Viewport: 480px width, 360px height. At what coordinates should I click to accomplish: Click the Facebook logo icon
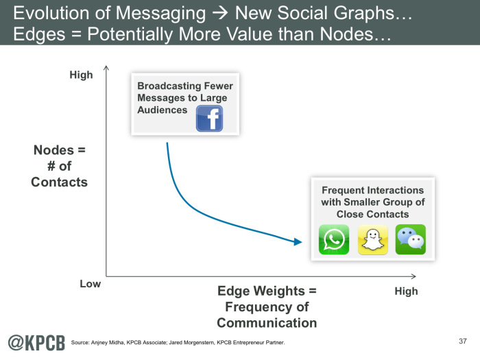(209, 119)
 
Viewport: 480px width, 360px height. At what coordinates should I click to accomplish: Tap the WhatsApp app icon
(334, 239)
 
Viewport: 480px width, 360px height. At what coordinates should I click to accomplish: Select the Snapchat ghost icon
(373, 240)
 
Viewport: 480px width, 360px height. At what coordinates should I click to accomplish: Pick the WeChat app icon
(411, 239)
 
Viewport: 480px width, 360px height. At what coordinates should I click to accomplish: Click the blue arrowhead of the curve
(298, 242)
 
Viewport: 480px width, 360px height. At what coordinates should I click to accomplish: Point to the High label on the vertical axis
(81, 75)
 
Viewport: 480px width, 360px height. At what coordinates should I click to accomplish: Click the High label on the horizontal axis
(406, 291)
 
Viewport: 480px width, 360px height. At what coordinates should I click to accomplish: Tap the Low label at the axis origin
(91, 284)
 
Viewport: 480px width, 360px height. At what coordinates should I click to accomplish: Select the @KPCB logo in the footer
(36, 343)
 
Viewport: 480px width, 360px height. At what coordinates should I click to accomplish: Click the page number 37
(463, 341)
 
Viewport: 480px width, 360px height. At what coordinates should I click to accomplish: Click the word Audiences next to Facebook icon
(163, 110)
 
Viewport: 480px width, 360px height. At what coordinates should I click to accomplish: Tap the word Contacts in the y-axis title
(60, 182)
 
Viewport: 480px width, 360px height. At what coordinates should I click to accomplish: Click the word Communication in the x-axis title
(267, 323)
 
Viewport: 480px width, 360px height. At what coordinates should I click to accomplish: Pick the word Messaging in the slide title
(160, 14)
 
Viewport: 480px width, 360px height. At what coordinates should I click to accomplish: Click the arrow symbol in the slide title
(220, 13)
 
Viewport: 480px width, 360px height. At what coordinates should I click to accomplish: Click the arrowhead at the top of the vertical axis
(106, 68)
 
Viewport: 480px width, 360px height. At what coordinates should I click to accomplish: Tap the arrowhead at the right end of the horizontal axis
(413, 276)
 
